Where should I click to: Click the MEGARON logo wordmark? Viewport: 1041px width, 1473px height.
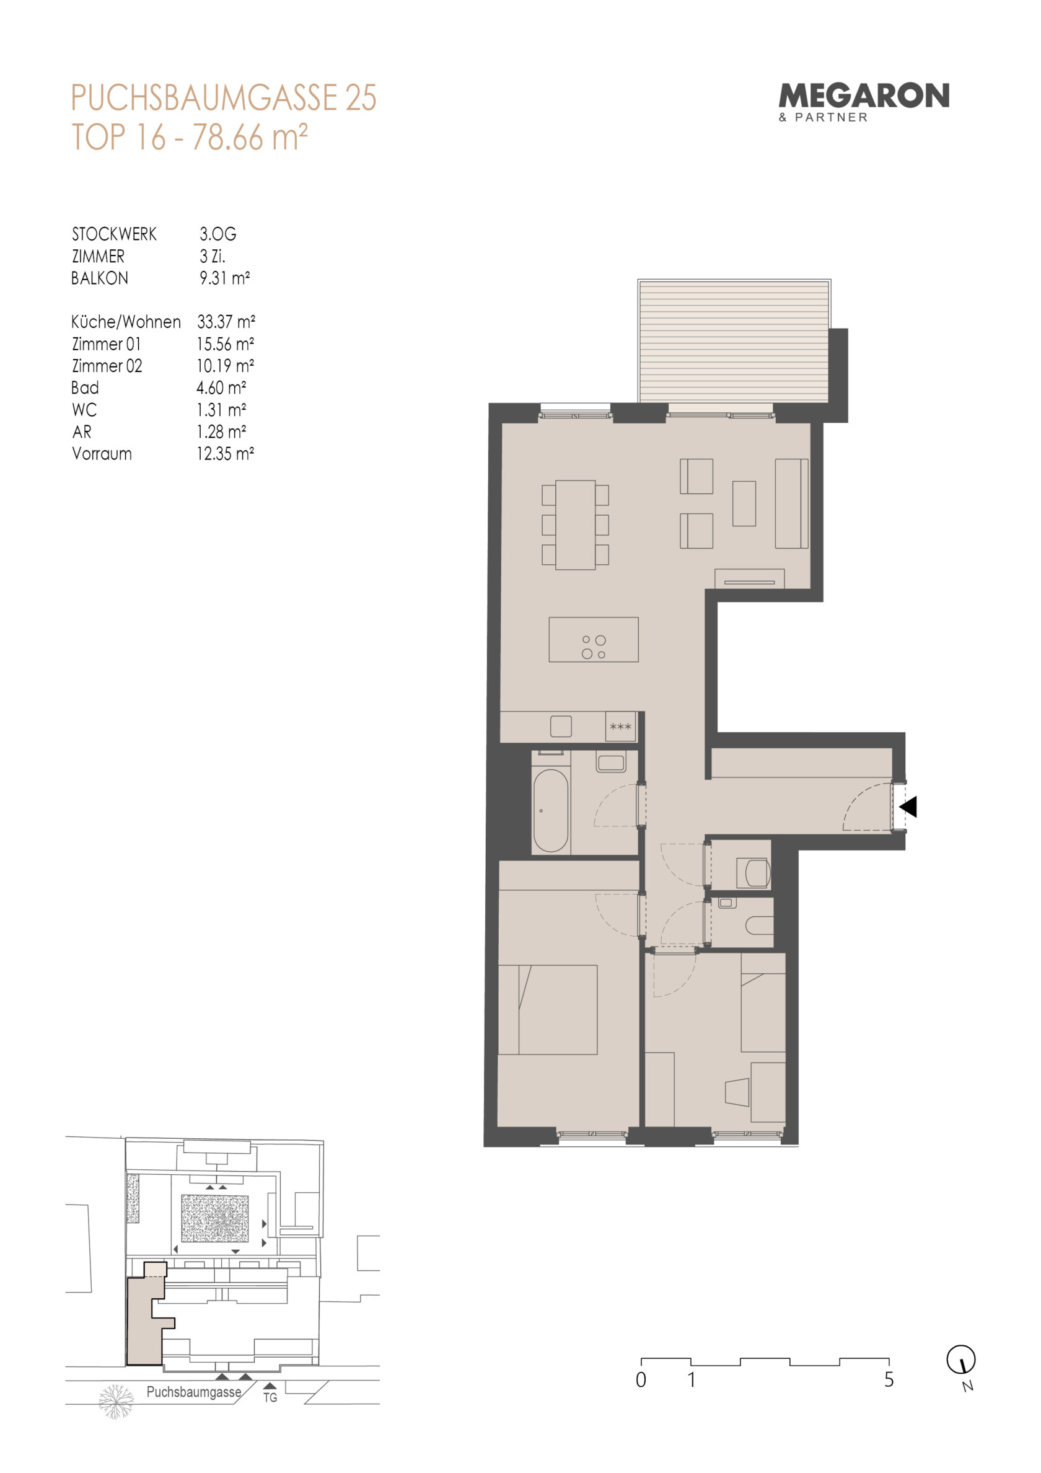click(863, 96)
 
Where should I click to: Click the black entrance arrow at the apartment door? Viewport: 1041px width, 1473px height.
click(909, 807)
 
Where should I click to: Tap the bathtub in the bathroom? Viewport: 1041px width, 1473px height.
click(550, 810)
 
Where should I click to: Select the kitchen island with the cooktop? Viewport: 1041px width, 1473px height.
click(593, 639)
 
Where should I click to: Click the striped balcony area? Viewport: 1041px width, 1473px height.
click(734, 342)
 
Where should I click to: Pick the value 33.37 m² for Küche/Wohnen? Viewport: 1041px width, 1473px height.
click(226, 321)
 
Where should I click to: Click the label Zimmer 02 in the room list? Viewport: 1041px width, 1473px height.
click(107, 366)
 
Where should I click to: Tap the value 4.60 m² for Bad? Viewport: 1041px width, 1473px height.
click(221, 387)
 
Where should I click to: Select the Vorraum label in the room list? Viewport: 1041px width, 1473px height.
click(102, 454)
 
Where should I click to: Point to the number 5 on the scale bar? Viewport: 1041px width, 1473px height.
click(889, 1379)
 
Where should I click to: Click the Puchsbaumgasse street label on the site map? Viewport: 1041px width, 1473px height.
click(194, 1392)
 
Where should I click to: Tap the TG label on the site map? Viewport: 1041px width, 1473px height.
click(270, 1397)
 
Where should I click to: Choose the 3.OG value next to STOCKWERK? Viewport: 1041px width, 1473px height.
click(217, 234)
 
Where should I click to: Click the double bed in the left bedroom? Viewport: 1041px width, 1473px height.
click(548, 1009)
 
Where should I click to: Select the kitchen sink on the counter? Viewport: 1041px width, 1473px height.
click(561, 726)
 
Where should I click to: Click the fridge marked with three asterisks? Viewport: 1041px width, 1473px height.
click(621, 726)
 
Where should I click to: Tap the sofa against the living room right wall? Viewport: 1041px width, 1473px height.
click(791, 503)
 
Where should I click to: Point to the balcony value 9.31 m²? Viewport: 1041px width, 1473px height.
click(224, 278)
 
